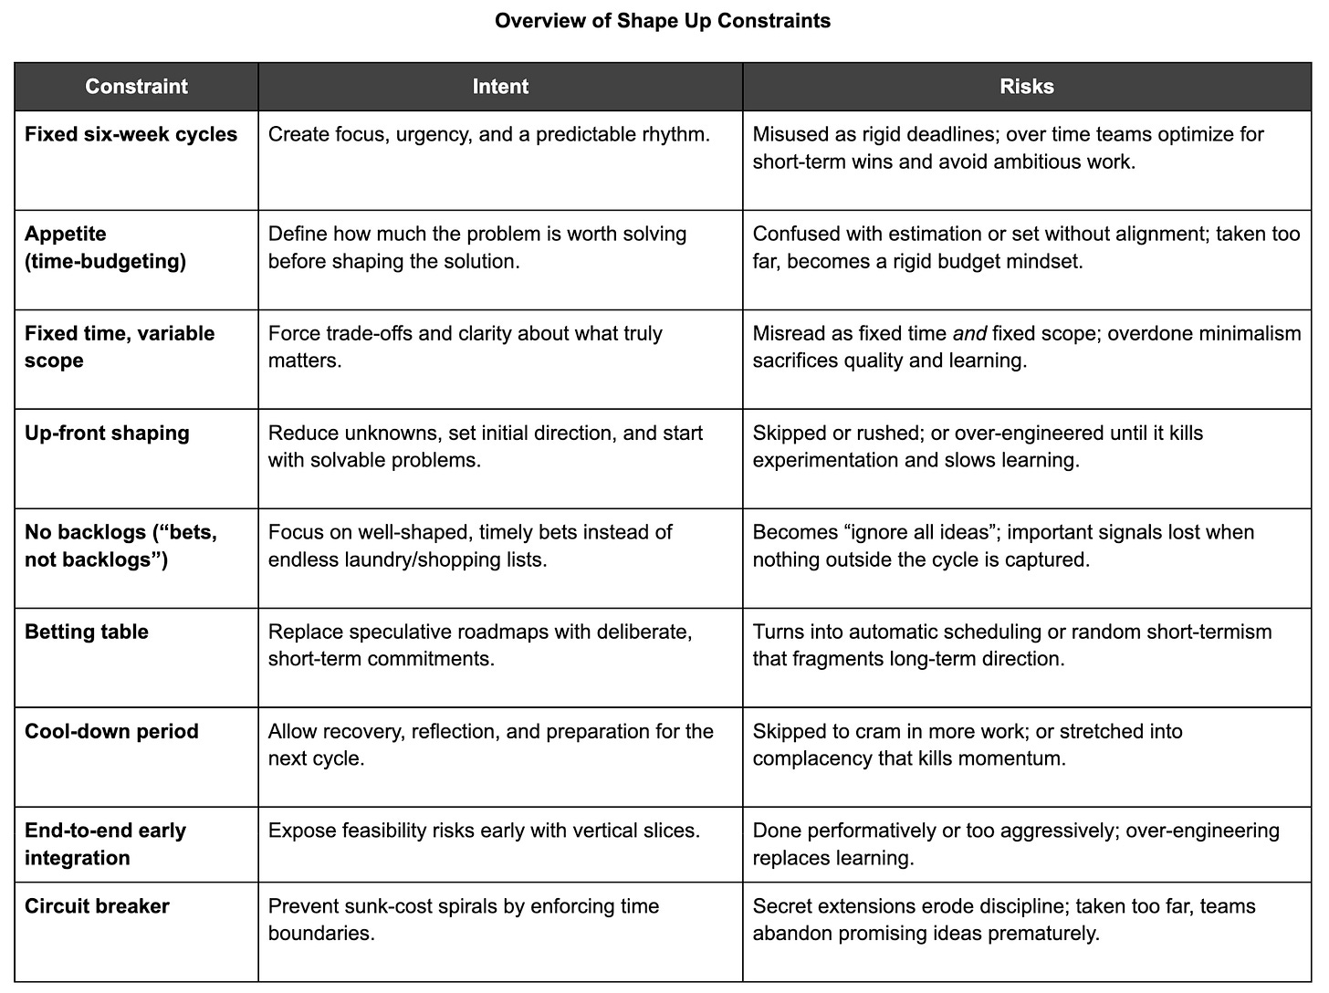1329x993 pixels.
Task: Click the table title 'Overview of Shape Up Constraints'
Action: [x=663, y=20]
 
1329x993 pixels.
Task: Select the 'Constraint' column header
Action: [x=136, y=87]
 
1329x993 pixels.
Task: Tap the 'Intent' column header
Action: [x=500, y=87]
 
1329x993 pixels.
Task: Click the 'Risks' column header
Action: [x=1027, y=87]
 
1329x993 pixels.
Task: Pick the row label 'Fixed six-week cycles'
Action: [x=131, y=134]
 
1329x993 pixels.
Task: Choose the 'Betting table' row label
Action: [x=87, y=632]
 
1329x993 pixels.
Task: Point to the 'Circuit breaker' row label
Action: [x=97, y=906]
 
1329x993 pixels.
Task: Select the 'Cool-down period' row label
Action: [x=111, y=731]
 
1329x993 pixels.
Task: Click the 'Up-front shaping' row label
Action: [x=107, y=433]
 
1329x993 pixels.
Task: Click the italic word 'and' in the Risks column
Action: [x=970, y=334]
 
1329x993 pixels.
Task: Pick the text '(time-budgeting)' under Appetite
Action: [x=105, y=261]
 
